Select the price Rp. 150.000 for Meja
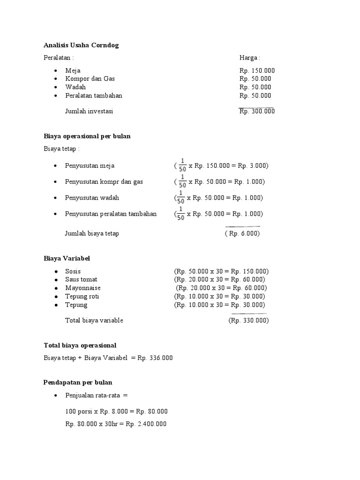(x=257, y=71)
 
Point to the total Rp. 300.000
(x=257, y=112)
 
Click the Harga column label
(x=249, y=58)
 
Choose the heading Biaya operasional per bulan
(x=87, y=136)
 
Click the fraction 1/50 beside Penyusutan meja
(x=182, y=166)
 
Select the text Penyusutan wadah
(x=92, y=198)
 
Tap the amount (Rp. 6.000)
(x=242, y=233)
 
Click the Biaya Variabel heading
(x=67, y=259)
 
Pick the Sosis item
(x=73, y=271)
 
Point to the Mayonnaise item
(x=83, y=288)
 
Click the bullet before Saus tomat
(x=56, y=280)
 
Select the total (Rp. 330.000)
(x=248, y=321)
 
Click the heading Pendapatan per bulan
(x=78, y=382)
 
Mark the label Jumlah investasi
(x=89, y=112)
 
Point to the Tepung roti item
(x=82, y=297)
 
